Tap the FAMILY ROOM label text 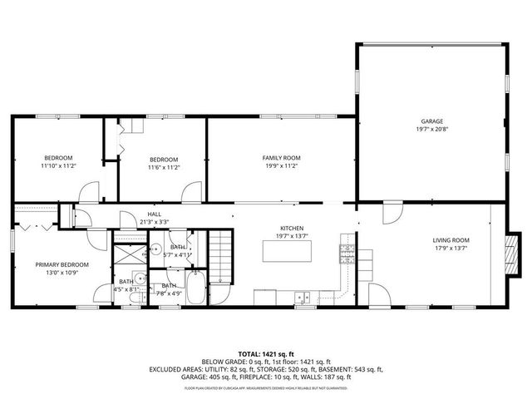[x=281, y=158]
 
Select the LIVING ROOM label [x=451, y=240]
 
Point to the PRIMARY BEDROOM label [x=62, y=264]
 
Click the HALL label [x=155, y=214]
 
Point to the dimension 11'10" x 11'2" [x=58, y=166]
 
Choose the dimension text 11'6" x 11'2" [x=164, y=167]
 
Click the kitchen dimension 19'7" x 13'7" [x=291, y=235]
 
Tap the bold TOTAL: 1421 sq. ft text [x=266, y=353]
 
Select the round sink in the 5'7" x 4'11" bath [x=155, y=248]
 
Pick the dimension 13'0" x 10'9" [x=62, y=273]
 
